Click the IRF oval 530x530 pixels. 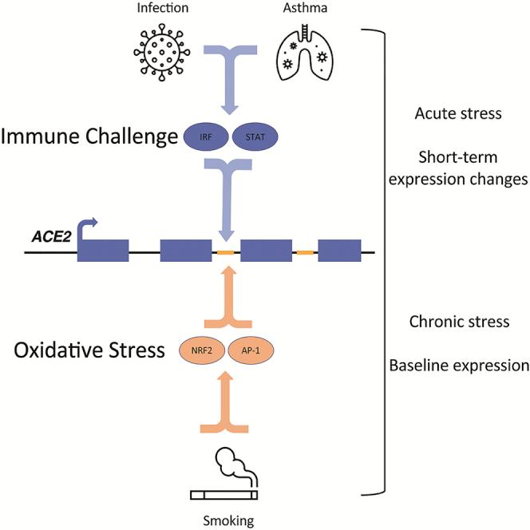pos(205,137)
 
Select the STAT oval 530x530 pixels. pos(255,137)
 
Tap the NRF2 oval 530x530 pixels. pos(202,350)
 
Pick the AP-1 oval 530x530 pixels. pos(251,350)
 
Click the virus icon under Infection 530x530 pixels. pos(161,53)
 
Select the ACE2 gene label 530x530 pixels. pos(51,236)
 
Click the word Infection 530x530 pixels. pos(163,8)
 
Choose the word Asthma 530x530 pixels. pos(305,8)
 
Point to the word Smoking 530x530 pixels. pos(228,520)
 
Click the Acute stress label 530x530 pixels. pos(458,113)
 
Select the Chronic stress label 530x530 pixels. pos(459,322)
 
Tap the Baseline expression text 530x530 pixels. pos(459,366)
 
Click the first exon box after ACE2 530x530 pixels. pos(103,251)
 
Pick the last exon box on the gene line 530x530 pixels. pos(339,251)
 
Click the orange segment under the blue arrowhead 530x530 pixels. pos(225,252)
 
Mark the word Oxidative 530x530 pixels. pos(57,350)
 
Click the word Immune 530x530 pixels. pos(40,136)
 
